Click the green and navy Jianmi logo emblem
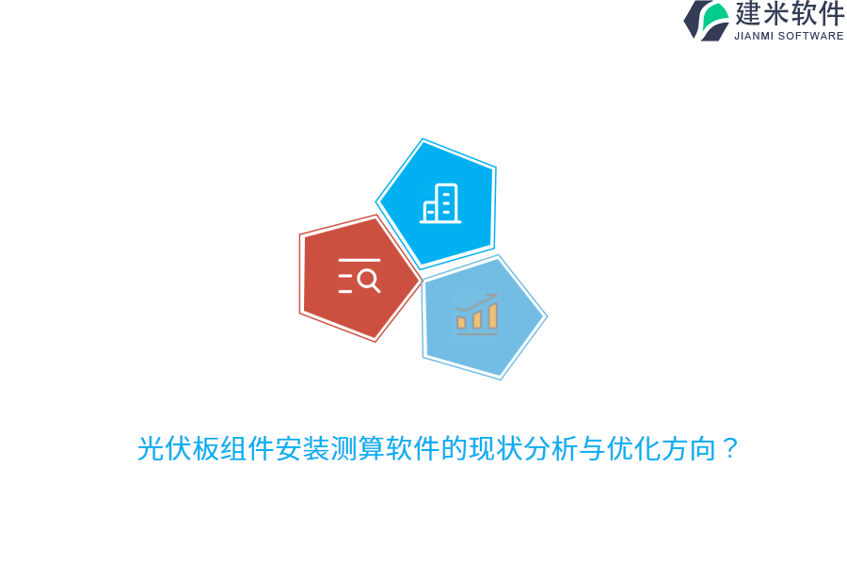707,21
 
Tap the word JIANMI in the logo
754,36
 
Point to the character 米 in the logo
775,13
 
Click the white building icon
440,203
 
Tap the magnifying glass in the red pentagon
369,281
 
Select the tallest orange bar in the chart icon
492,315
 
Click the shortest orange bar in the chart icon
461,322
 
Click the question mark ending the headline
730,448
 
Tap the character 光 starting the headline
151,448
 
